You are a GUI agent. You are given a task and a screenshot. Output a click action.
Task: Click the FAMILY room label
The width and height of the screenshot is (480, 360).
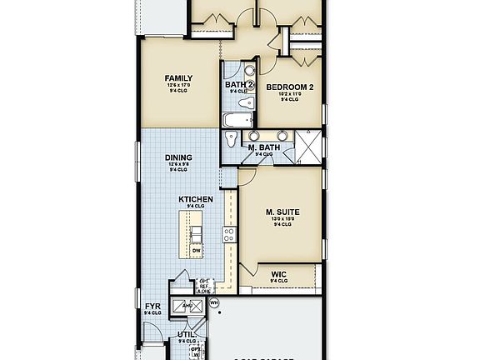tap(178, 78)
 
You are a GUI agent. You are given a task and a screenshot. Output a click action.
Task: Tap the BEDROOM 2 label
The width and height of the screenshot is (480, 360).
tap(289, 87)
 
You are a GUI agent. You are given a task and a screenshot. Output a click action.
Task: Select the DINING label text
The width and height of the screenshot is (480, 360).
tap(178, 157)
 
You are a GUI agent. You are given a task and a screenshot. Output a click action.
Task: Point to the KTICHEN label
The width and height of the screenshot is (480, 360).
tap(196, 199)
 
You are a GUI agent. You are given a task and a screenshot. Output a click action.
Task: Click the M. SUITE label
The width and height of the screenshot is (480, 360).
tap(282, 212)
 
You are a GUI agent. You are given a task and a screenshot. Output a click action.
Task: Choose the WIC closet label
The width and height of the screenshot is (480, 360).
tap(279, 272)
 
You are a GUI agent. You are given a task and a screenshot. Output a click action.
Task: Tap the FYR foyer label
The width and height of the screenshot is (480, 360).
tap(152, 307)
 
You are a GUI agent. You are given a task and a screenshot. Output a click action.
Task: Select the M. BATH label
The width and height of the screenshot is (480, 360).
tap(263, 147)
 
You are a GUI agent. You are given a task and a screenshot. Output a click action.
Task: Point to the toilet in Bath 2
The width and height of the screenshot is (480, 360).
tap(245, 104)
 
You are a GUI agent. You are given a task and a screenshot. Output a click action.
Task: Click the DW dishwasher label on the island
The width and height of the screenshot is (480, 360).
tap(196, 250)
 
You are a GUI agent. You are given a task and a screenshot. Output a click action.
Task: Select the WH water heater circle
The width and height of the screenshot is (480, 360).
tap(213, 302)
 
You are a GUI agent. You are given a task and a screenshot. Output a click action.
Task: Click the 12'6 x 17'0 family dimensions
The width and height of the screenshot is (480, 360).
tap(178, 86)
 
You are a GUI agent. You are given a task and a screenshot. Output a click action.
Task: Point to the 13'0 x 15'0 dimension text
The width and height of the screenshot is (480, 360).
tap(282, 219)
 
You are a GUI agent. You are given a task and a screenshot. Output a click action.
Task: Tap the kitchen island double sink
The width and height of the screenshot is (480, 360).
tap(196, 232)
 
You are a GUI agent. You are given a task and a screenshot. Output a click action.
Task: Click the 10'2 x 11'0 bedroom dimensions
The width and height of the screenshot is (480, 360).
tap(289, 94)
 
